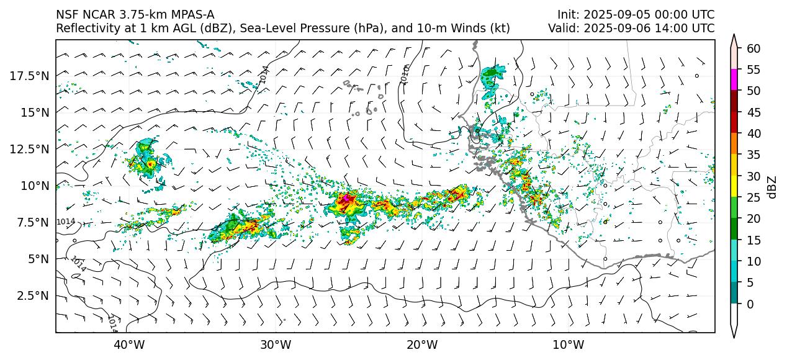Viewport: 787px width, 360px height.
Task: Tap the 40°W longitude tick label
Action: click(x=129, y=344)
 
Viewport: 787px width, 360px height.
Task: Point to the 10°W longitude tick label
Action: click(x=569, y=344)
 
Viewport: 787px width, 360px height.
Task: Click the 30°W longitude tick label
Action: click(x=276, y=344)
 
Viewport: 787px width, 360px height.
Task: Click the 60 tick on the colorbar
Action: click(x=753, y=48)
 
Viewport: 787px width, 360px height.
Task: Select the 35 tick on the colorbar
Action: click(x=753, y=155)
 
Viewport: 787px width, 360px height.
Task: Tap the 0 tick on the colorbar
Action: click(x=750, y=304)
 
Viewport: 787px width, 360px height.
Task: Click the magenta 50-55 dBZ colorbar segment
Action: click(x=734, y=80)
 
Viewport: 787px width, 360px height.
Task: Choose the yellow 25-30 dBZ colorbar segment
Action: click(x=734, y=186)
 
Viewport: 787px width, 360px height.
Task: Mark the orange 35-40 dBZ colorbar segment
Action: click(x=734, y=144)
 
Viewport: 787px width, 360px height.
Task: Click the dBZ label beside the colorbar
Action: click(x=772, y=186)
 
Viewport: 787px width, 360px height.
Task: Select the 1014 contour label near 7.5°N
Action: click(x=65, y=222)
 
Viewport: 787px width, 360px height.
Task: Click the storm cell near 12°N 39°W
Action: click(x=150, y=163)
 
